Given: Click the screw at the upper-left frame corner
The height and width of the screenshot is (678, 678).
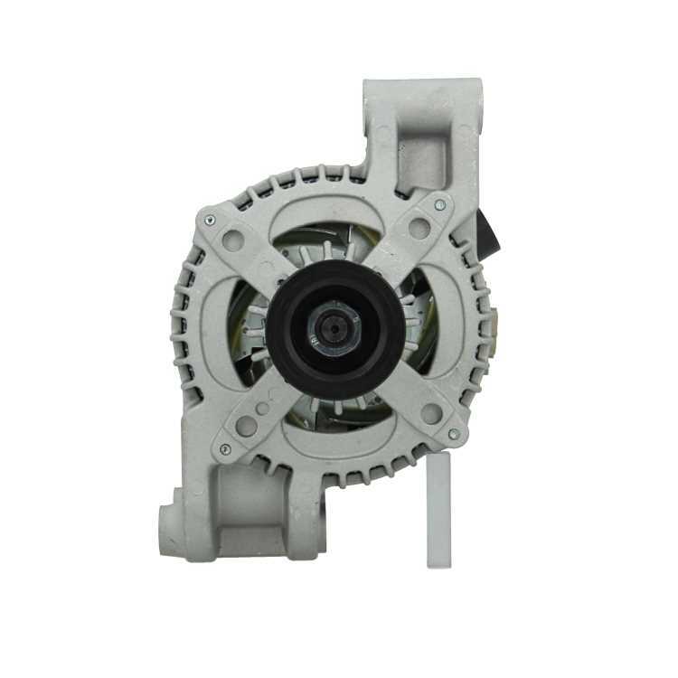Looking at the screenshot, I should pos(211,217).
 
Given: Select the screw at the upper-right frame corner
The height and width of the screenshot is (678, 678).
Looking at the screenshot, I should pos(439,205).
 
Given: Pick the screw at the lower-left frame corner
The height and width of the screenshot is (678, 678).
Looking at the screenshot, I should pos(225,449).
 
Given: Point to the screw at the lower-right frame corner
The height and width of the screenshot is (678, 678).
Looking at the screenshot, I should pos(453,435).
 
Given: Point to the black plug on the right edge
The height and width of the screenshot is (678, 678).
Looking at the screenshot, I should pos(491,233).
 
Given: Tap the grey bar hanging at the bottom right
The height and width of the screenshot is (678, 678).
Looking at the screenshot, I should pos(438,511).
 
